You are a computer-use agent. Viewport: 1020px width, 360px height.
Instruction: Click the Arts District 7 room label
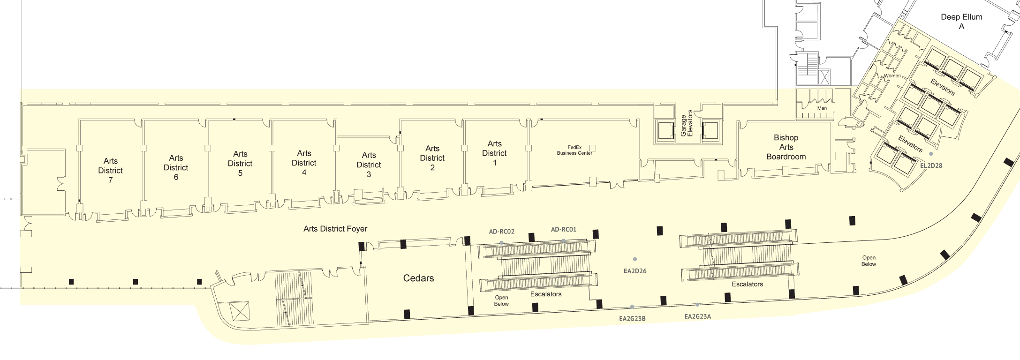(x=110, y=171)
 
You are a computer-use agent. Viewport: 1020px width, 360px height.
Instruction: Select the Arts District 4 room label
(x=304, y=163)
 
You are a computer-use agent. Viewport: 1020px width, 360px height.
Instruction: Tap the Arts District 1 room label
(x=494, y=153)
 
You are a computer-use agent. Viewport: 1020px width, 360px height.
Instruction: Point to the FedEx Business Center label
(x=574, y=150)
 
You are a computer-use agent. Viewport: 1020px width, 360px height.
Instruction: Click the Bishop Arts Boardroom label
(x=786, y=147)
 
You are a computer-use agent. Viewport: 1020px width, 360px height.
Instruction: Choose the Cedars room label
(x=418, y=278)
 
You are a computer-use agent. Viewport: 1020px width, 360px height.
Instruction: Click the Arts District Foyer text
(x=335, y=229)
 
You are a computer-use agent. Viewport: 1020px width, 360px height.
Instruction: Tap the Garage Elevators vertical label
(x=687, y=123)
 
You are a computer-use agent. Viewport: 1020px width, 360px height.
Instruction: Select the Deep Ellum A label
(x=961, y=22)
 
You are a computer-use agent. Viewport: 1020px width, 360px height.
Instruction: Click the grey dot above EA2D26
(x=635, y=259)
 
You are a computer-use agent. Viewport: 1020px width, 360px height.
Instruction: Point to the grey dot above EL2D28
(x=931, y=154)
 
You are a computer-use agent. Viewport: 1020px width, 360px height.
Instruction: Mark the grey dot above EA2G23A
(x=697, y=305)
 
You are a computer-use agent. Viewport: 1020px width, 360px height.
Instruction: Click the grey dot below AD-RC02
(x=501, y=243)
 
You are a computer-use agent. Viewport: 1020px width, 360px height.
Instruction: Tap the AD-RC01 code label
(x=564, y=230)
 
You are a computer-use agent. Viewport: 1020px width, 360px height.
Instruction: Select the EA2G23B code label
(x=632, y=319)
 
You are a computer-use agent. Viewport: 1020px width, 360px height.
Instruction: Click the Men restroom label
(x=822, y=108)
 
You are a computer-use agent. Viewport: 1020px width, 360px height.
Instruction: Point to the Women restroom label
(x=892, y=76)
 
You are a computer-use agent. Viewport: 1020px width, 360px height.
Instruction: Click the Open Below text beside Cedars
(x=501, y=300)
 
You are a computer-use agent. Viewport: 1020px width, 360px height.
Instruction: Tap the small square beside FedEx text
(x=593, y=148)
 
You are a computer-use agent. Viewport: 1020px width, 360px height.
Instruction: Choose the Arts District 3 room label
(x=369, y=165)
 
